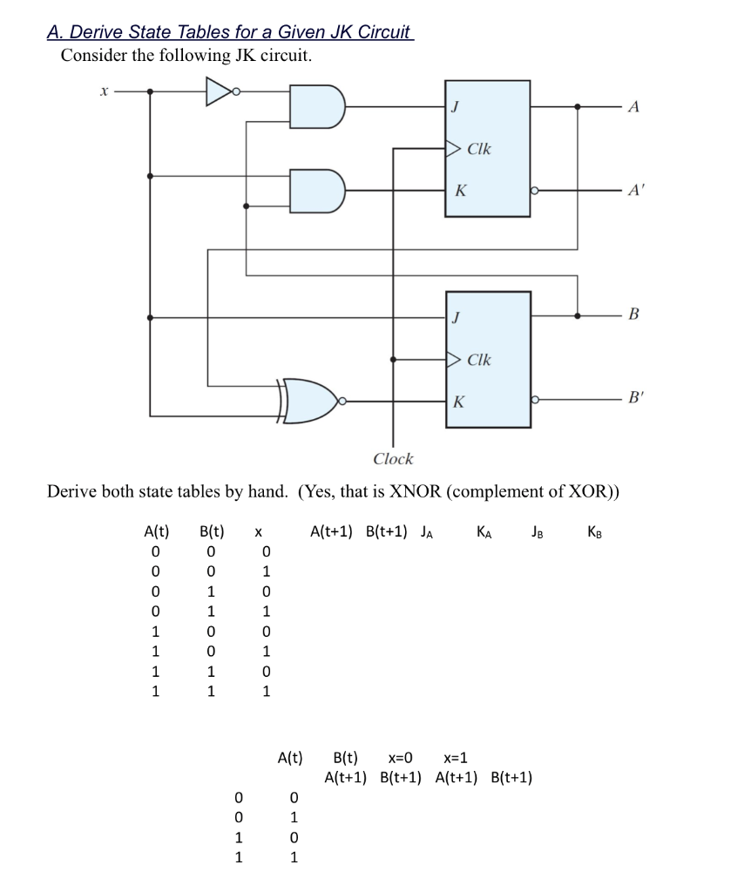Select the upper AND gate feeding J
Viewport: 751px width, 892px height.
(316, 106)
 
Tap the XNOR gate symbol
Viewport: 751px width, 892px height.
(310, 401)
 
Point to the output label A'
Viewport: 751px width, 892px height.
(633, 191)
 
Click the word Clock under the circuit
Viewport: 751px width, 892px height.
(393, 459)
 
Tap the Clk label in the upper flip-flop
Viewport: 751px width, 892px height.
(479, 149)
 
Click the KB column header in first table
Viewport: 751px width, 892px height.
(594, 531)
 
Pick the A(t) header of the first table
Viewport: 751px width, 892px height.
(157, 530)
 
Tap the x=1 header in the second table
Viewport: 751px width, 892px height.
(458, 757)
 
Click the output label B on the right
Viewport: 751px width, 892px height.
(633, 312)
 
